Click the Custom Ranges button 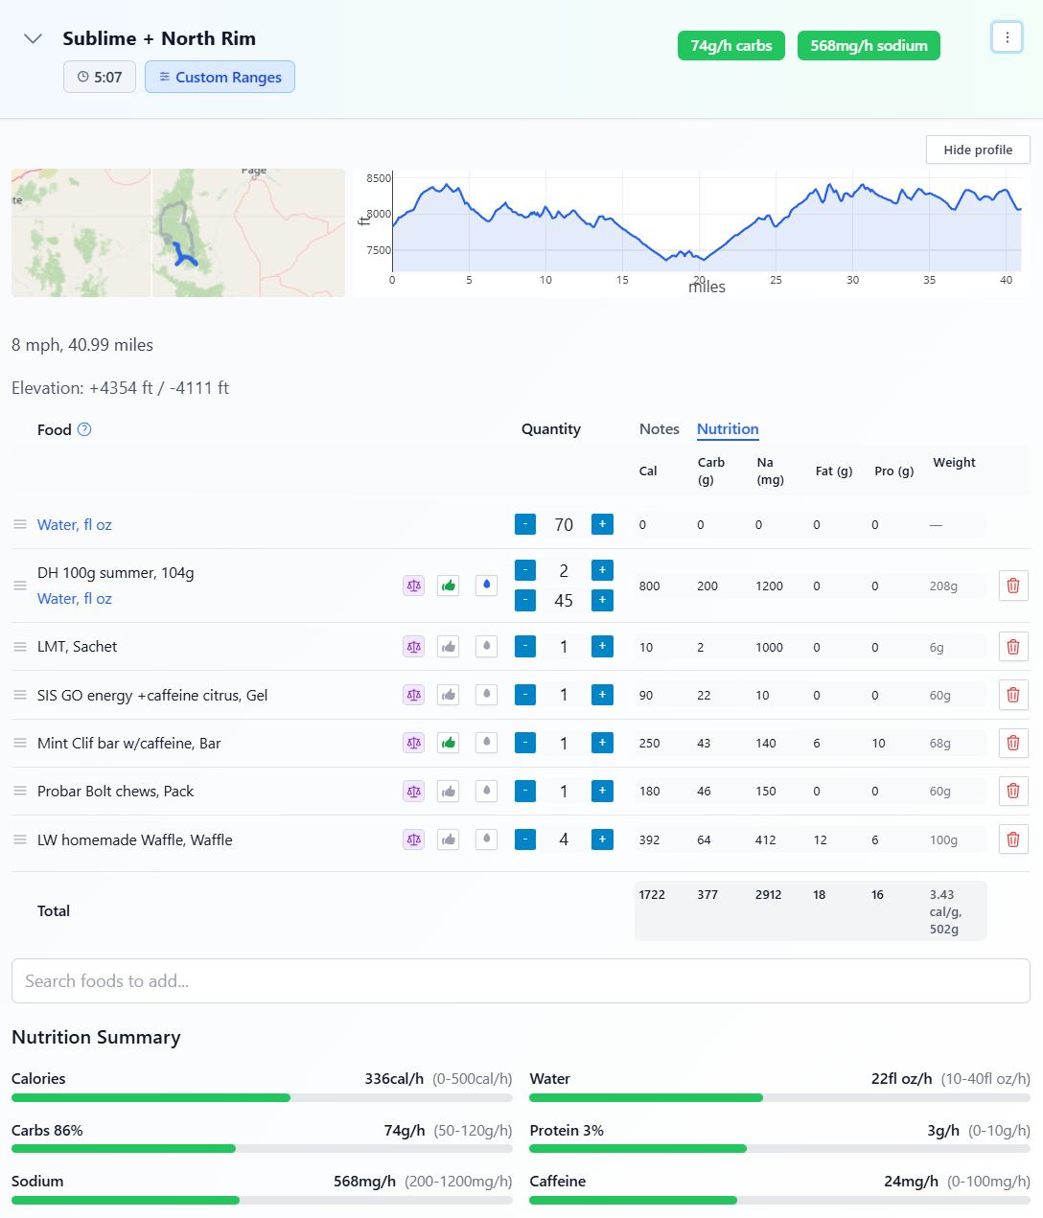coord(220,77)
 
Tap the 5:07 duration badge coord(100,77)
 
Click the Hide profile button coord(977,149)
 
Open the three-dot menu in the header coord(1007,37)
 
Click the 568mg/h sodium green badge coord(869,45)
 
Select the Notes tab coord(659,429)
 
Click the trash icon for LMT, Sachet coord(1013,647)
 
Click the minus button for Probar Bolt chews coord(525,791)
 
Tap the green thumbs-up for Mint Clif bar coord(448,743)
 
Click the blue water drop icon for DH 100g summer coord(487,585)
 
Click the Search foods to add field coord(521,980)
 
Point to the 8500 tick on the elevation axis coord(379,178)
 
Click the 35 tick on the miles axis coord(929,280)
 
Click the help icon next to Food coord(84,429)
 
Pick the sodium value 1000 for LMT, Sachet coord(769,647)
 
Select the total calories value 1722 coord(652,895)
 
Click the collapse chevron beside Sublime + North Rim coord(33,38)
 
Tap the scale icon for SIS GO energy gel coord(413,695)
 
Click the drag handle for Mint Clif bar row coord(20,743)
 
